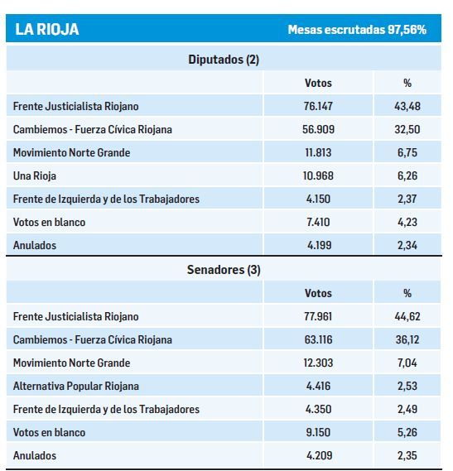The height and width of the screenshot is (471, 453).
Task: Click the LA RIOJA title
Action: tap(47, 30)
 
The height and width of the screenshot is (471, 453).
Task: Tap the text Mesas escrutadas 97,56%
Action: tap(357, 30)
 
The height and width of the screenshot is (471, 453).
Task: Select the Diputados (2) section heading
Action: tap(224, 60)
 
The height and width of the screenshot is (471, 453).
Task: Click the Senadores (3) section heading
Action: tap(224, 270)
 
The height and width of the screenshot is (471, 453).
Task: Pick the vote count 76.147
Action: tap(318, 107)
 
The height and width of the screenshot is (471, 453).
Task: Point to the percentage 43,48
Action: tap(407, 107)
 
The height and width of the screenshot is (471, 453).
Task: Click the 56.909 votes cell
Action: tap(318, 130)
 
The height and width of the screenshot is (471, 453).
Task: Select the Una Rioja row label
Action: tap(35, 175)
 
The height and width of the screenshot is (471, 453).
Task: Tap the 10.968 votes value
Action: tap(318, 175)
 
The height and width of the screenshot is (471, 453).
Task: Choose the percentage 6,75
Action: tap(407, 153)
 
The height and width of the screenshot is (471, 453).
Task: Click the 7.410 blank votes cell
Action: tap(318, 222)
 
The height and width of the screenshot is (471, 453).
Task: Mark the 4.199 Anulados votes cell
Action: tap(318, 245)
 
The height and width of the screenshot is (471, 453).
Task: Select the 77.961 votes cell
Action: tap(318, 316)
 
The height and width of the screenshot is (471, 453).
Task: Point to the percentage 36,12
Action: tap(407, 339)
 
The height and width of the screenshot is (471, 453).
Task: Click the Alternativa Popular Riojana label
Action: tap(76, 386)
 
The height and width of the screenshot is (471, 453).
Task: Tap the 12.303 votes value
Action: tap(318, 363)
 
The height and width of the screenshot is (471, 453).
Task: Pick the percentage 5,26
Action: tap(407, 432)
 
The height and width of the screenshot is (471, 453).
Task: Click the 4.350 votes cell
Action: tap(318, 409)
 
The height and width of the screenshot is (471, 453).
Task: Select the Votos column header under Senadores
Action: tap(318, 293)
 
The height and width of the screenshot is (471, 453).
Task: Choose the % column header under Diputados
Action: tap(407, 83)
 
